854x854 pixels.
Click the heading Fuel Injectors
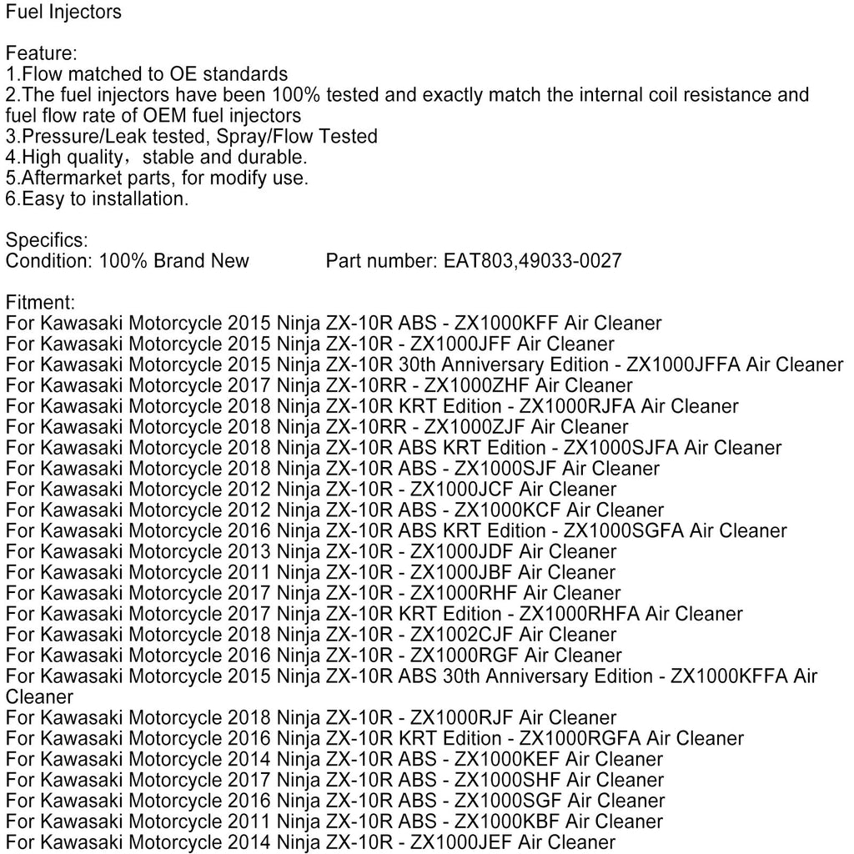(63, 12)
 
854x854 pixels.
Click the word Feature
(41, 53)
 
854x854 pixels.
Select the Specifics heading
(46, 240)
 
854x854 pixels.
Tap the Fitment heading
(40, 302)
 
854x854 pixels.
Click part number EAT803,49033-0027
(529, 261)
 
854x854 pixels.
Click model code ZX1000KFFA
(732, 676)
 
